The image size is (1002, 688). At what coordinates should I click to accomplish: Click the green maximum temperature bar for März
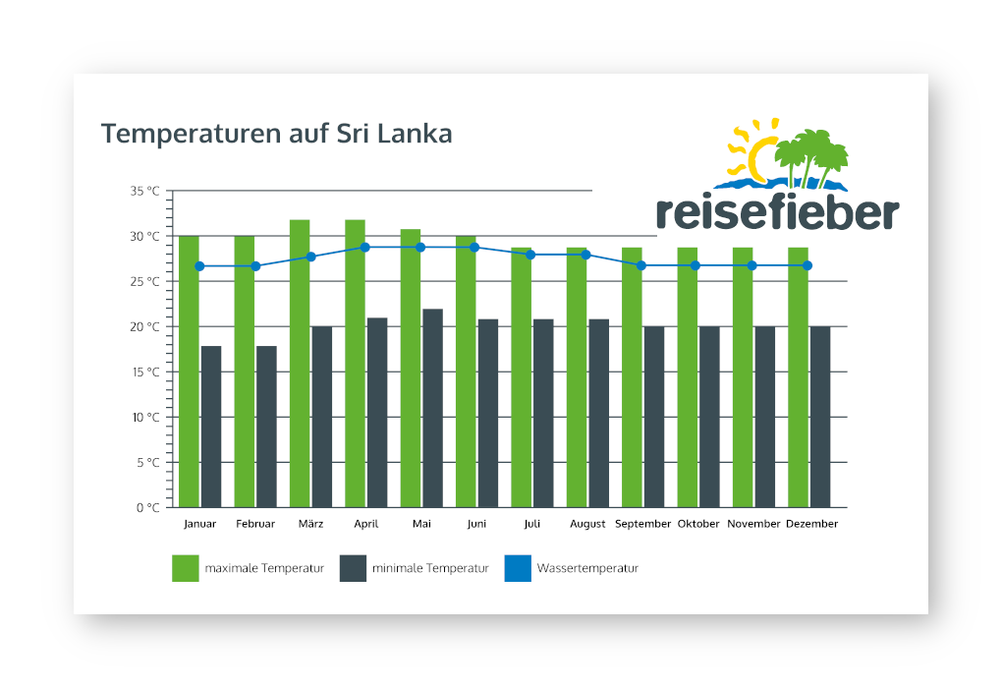[300, 364]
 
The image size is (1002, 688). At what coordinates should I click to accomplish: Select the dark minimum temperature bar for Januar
[211, 427]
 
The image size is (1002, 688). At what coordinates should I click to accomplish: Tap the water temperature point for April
[365, 247]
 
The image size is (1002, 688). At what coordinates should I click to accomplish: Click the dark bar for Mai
[432, 408]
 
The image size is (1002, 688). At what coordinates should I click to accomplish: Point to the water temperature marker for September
[641, 265]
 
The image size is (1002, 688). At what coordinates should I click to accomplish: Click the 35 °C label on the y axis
[144, 191]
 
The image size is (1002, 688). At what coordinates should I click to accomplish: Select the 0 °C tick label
[147, 507]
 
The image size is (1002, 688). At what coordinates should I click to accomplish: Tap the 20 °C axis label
[144, 326]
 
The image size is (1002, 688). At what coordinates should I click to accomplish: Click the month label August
[587, 524]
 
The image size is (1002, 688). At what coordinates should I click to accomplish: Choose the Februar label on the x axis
[255, 524]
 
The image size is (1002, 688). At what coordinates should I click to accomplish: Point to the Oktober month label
[698, 524]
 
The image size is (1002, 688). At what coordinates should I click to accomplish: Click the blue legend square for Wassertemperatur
[518, 568]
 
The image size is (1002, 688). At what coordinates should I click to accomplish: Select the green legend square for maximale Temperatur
[186, 568]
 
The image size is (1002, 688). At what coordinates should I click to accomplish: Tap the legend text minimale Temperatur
[430, 568]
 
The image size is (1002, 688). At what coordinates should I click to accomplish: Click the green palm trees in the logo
[810, 155]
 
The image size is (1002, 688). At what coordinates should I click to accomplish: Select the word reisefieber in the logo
[777, 211]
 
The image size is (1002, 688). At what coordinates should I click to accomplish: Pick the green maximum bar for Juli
[521, 377]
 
